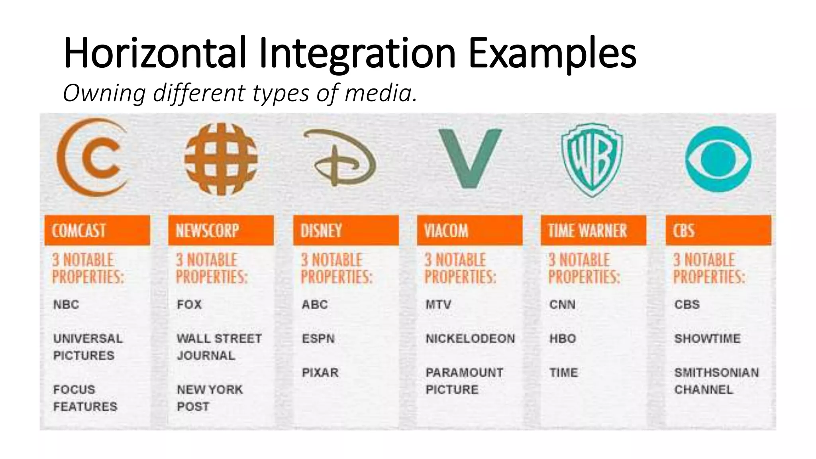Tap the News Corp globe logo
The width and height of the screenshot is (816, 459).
point(221,159)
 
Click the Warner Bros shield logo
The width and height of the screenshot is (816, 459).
point(592,159)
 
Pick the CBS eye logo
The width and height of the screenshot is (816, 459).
point(718,159)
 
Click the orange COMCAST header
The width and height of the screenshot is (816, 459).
point(97,231)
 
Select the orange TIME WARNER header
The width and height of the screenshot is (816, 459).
point(593,231)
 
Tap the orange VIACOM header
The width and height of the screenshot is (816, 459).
point(469,231)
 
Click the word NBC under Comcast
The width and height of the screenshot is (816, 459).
point(66,305)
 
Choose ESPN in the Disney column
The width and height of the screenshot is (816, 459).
point(318,339)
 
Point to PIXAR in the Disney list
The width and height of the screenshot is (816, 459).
point(320,373)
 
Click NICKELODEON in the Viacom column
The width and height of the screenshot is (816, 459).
point(470,339)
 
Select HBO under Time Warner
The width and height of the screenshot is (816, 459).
point(563,339)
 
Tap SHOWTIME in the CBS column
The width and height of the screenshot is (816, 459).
point(707,339)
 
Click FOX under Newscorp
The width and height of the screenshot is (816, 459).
point(189,305)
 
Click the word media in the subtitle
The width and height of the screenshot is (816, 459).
point(381,93)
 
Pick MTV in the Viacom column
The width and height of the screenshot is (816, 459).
point(438,305)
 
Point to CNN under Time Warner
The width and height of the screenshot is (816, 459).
point(562,305)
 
